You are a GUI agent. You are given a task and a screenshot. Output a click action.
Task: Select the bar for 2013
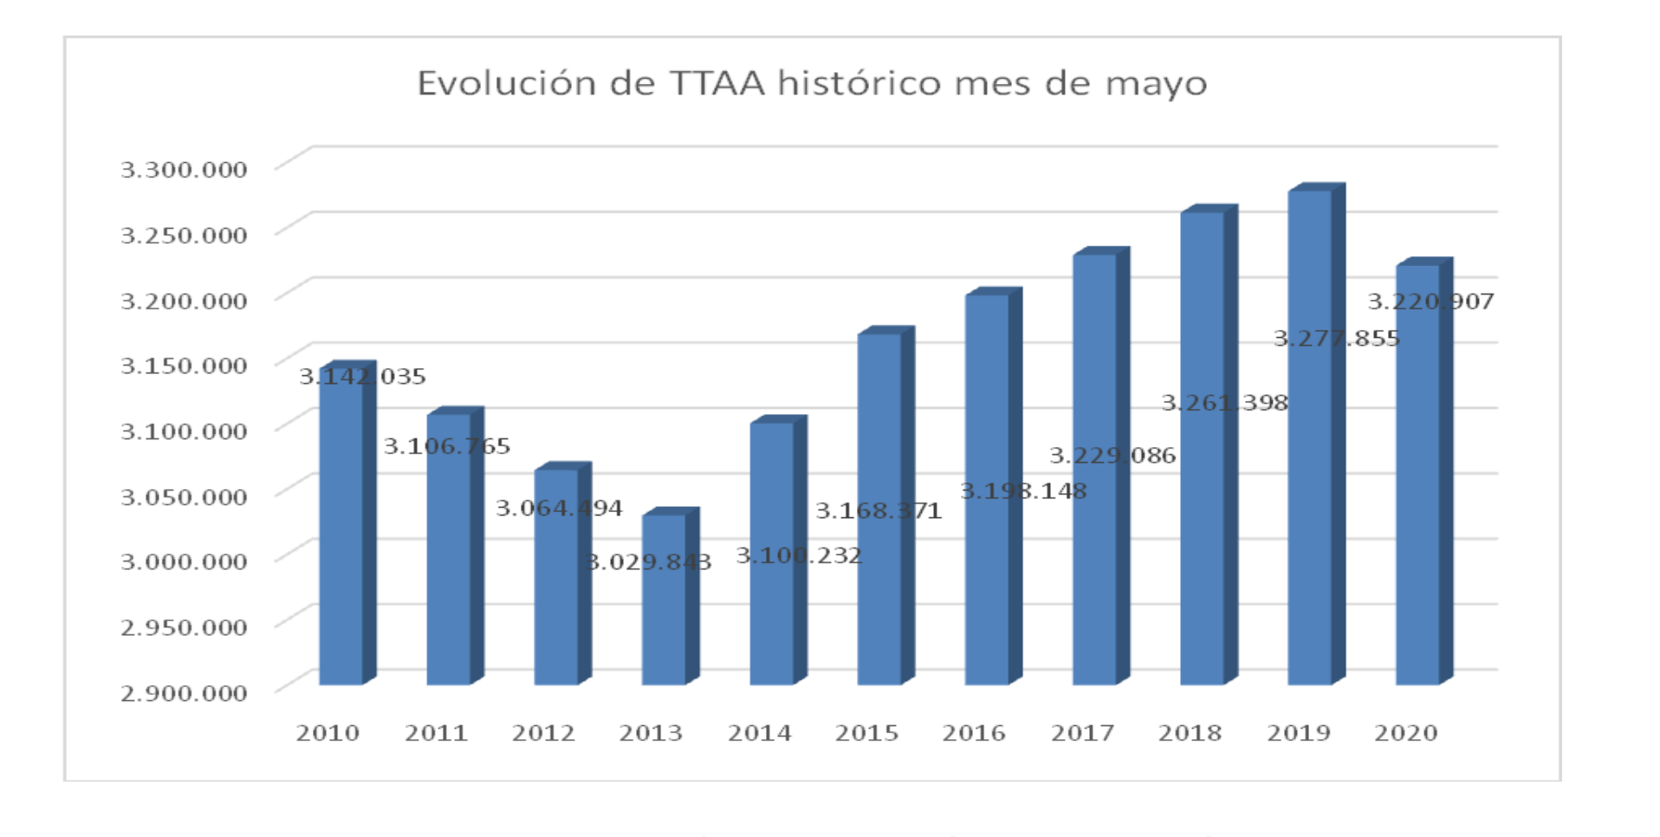click(664, 624)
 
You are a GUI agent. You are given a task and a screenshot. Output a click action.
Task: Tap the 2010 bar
click(341, 537)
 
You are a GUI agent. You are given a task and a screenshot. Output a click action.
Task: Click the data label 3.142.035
click(362, 377)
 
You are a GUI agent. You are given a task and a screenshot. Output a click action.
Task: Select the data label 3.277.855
click(1336, 339)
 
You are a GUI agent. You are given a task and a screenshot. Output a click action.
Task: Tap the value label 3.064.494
click(559, 508)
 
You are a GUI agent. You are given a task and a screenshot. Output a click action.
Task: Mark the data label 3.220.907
click(1430, 302)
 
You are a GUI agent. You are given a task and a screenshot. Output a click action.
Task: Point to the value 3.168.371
click(879, 511)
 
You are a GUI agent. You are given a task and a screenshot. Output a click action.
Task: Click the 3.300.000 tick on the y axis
click(184, 169)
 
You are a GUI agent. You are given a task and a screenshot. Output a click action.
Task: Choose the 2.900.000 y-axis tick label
click(184, 692)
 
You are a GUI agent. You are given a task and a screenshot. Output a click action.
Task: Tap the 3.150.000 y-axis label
click(184, 365)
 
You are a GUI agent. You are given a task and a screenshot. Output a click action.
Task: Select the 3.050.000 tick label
click(184, 496)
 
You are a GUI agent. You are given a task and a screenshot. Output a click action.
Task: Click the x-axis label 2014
click(759, 733)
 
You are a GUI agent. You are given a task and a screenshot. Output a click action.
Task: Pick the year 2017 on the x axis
click(1082, 733)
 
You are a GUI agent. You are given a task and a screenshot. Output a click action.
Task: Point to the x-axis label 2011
click(436, 733)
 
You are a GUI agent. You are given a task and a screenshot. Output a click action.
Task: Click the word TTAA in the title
click(717, 83)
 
